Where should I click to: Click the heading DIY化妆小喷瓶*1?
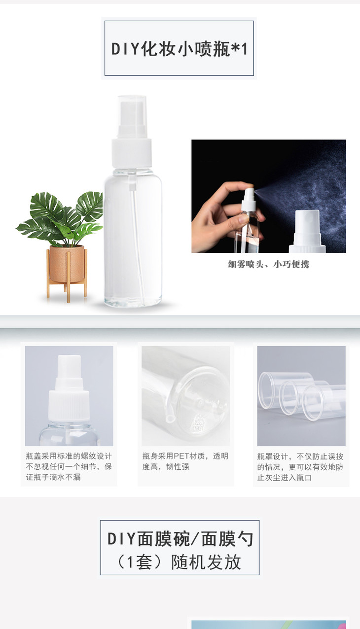[x=180, y=49]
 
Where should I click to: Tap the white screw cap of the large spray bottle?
[x=132, y=153]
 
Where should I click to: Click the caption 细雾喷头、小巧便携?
[x=268, y=264]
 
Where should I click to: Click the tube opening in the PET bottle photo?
[x=171, y=419]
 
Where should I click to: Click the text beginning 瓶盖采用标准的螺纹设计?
[x=69, y=466]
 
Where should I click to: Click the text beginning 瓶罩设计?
[x=300, y=467]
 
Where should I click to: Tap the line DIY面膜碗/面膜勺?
[x=180, y=539]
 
